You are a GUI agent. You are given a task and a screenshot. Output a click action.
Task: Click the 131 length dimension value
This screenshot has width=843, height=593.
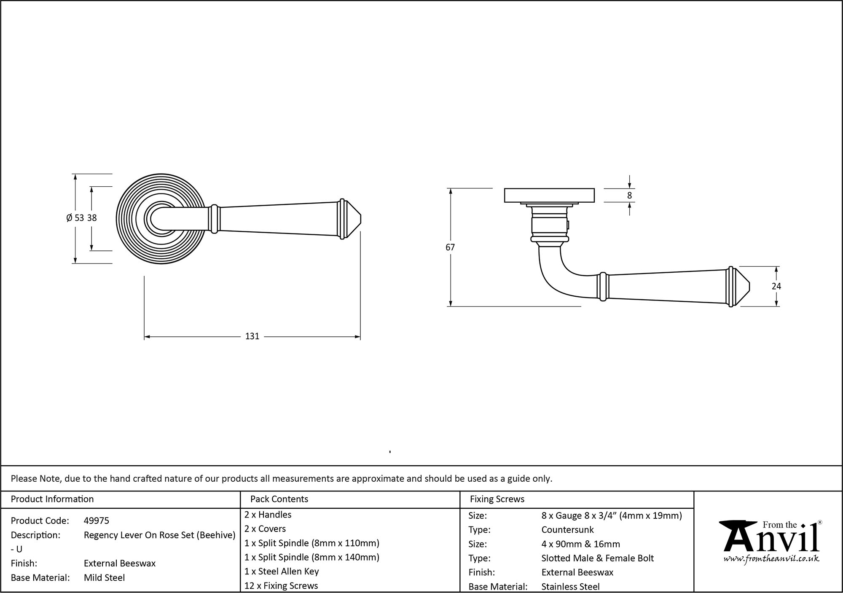point(252,336)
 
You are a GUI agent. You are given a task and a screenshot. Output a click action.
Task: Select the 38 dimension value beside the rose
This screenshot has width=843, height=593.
point(92,218)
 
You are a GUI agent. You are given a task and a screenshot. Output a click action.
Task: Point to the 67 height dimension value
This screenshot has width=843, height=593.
point(450,247)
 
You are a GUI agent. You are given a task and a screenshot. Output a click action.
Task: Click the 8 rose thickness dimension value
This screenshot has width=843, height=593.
point(629,196)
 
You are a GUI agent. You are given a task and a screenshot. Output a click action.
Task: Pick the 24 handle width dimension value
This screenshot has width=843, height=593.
point(776,287)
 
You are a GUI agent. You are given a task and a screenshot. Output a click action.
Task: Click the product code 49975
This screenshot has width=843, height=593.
point(96,521)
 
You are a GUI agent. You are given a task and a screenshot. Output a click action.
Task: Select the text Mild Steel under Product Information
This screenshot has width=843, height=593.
point(104,577)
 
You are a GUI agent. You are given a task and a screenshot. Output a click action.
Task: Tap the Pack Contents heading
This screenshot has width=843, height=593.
point(279,499)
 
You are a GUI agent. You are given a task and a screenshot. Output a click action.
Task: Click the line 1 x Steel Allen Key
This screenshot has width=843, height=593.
point(282,572)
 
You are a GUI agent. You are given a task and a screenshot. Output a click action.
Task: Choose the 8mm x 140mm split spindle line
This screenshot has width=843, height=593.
point(312,557)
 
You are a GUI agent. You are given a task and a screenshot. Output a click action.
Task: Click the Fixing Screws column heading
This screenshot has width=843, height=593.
point(497,499)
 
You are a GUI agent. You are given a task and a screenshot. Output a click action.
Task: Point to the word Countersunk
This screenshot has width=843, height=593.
point(567,530)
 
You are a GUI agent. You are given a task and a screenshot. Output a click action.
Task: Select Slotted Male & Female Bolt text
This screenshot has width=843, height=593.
point(597,558)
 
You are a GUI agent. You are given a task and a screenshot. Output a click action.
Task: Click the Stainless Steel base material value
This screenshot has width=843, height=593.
point(570,586)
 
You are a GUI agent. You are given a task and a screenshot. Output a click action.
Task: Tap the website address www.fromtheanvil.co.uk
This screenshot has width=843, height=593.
point(771,559)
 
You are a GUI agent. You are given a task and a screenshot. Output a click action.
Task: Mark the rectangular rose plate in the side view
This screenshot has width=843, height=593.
point(549,196)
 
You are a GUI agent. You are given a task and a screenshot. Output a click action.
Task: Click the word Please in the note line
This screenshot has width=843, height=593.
point(24,478)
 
